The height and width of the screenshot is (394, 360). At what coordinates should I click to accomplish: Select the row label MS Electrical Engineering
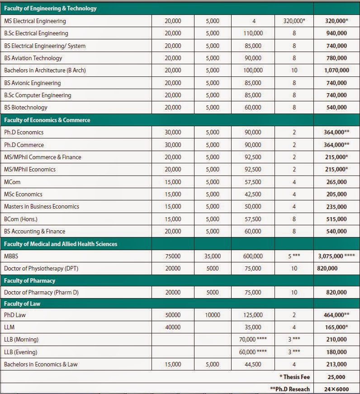point(35,21)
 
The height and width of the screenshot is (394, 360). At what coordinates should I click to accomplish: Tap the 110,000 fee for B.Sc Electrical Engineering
point(252,33)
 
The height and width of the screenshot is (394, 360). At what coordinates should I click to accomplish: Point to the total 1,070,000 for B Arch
point(336,71)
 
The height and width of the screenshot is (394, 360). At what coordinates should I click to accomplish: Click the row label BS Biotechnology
point(26,108)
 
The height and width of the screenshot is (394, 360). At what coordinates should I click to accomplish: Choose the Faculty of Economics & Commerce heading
point(47,120)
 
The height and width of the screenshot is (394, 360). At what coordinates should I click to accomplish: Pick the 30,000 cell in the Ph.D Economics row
point(173,133)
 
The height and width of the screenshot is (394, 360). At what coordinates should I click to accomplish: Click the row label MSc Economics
point(23,194)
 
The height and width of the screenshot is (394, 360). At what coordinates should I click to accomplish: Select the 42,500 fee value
point(252,194)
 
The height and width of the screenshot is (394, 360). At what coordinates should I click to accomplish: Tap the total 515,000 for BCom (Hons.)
point(336,219)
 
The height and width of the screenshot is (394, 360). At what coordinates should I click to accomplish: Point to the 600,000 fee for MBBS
point(252,256)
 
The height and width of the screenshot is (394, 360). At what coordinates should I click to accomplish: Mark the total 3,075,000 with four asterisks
point(336,256)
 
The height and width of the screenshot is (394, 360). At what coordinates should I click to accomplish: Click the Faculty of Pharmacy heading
point(29,280)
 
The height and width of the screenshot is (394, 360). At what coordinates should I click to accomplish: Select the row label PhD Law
point(14,315)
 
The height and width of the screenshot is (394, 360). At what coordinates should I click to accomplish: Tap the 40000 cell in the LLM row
point(173,327)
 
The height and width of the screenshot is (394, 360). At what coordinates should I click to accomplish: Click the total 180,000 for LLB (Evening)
point(336,352)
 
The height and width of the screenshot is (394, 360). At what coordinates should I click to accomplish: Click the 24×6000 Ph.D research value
point(336,389)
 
